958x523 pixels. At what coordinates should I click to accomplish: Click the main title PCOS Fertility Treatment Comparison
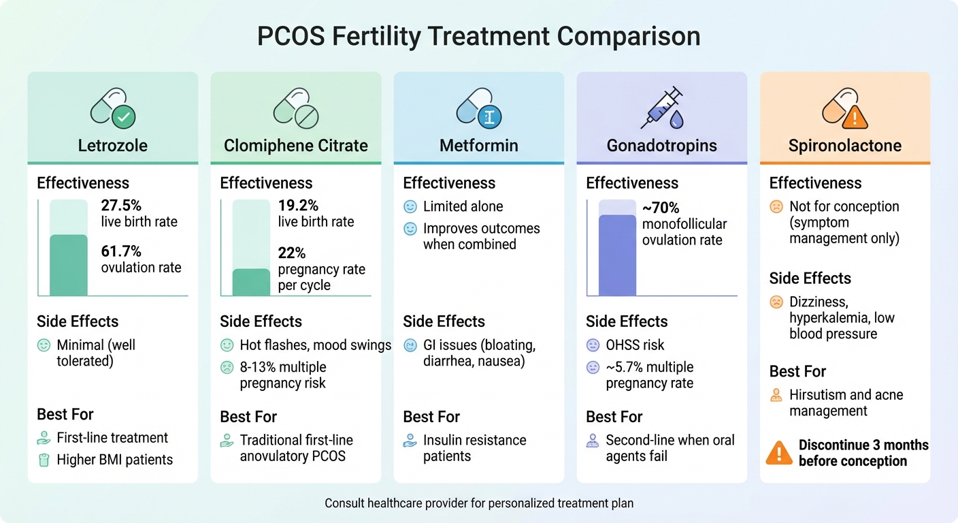pos(478,36)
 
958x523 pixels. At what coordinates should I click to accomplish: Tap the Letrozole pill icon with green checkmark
pos(113,108)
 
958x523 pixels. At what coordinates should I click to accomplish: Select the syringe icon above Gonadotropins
pos(661,108)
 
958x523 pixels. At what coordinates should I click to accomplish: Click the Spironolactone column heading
pos(844,145)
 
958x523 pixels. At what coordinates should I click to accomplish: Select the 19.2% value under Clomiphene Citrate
pos(298,206)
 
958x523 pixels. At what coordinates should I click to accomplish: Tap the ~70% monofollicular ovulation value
pos(660,208)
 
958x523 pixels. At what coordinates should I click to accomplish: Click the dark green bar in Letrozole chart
pos(69,265)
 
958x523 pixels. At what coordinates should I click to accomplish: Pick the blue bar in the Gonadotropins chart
pos(617,255)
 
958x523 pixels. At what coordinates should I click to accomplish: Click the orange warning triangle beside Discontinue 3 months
pos(778,453)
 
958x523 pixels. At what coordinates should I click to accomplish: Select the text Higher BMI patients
pos(114,460)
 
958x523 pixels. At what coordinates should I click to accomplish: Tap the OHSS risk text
pos(635,345)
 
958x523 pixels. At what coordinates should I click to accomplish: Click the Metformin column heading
pos(478,145)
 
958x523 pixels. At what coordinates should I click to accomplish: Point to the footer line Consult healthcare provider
pos(478,504)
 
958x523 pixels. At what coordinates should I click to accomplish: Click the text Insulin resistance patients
pos(474,448)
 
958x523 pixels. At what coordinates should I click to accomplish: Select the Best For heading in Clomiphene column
pos(248,417)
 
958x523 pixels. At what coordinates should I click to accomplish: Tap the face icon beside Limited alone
pos(410,206)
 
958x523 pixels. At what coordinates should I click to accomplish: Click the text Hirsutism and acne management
pos(846,402)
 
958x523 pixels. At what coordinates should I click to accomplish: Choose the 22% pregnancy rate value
pos(292,253)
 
